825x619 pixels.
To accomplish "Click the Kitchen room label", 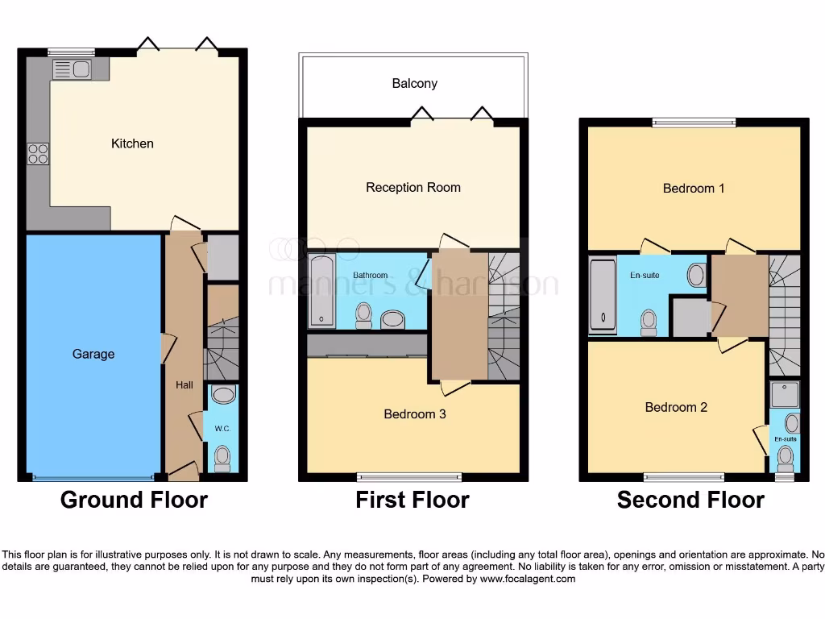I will pos(132,143).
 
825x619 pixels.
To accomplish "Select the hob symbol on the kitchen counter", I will pos(38,153).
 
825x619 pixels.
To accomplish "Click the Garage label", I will pos(93,354).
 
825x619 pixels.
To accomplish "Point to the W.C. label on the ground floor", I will pos(222,428).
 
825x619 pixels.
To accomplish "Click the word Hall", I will pos(184,385).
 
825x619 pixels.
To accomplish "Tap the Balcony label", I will pos(414,84).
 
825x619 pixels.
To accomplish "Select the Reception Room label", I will pos(412,187).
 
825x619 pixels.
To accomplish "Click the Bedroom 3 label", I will pos(414,414).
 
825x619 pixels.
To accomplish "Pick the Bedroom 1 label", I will pos(694,188).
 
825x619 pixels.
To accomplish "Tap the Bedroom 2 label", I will pos(676,407).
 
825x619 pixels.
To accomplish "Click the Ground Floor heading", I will pos(134,500).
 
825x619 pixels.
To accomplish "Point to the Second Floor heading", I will pos(690,500).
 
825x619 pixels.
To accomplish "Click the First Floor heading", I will pos(412,500).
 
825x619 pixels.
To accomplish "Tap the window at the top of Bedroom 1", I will pos(694,123).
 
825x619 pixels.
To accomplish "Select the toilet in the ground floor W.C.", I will pos(222,459).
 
